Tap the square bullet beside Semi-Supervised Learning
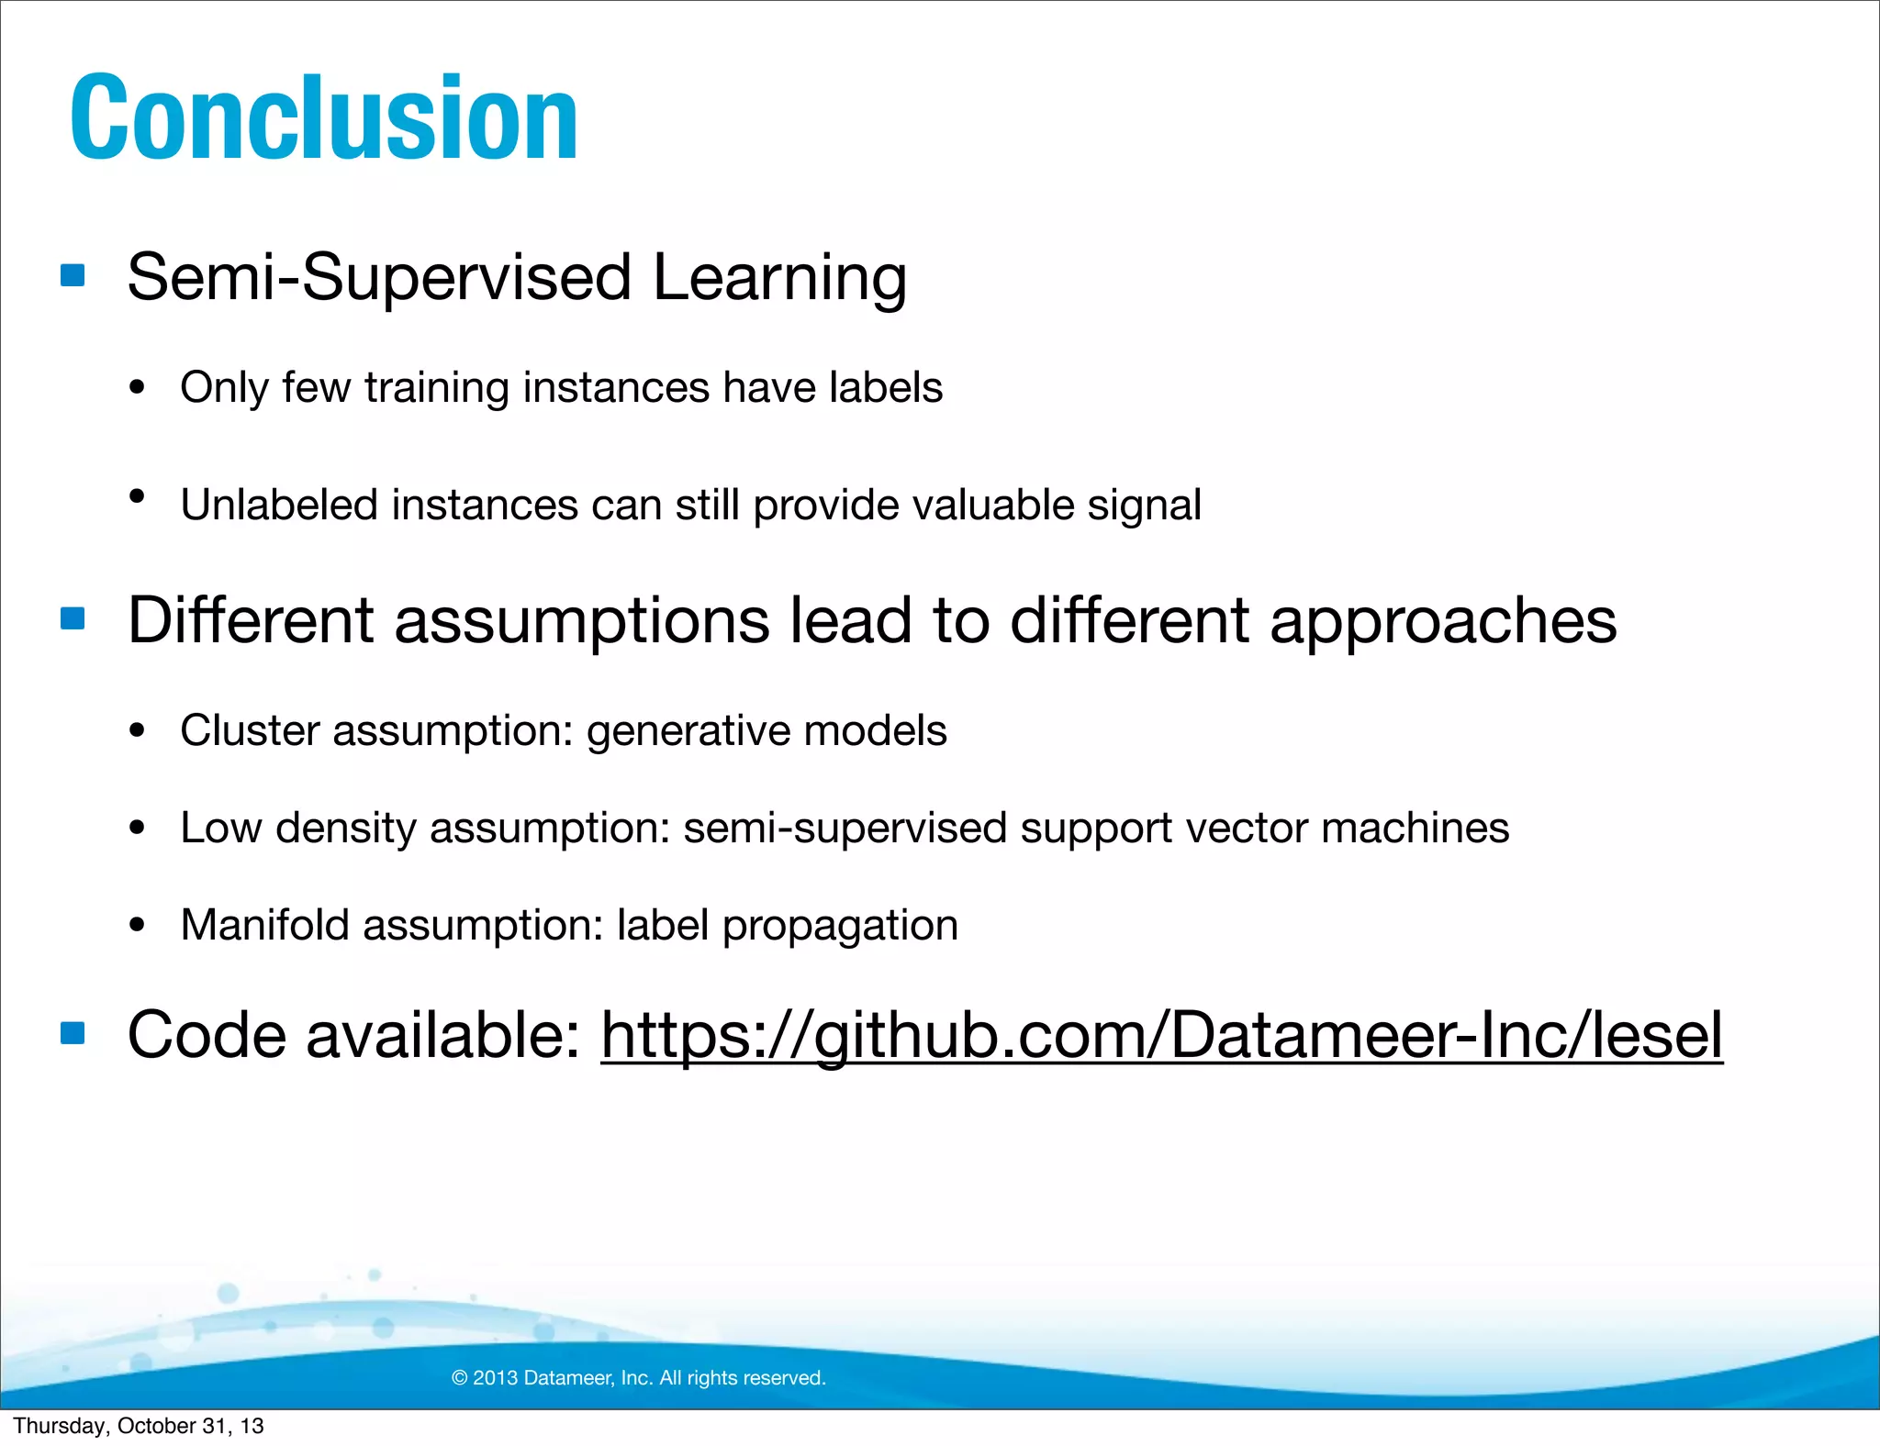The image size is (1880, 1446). (73, 275)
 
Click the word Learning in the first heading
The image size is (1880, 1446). (779, 278)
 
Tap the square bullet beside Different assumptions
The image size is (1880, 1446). (73, 618)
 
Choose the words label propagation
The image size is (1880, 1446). (788, 926)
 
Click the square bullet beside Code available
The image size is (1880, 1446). (73, 1034)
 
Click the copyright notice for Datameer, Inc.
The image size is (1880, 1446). (639, 1377)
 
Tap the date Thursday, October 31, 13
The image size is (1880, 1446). (139, 1426)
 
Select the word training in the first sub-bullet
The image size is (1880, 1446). (436, 388)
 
